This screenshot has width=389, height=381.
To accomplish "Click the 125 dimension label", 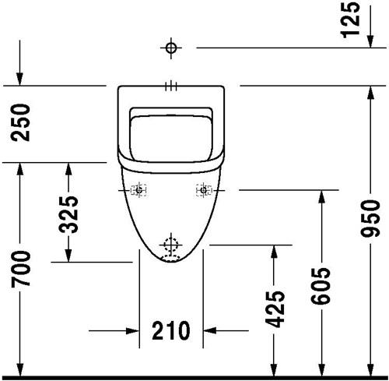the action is pyautogui.click(x=351, y=19).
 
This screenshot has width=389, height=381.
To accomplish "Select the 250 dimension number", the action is pyautogui.click(x=21, y=122).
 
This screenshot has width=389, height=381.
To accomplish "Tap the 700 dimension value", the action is pyautogui.click(x=21, y=269).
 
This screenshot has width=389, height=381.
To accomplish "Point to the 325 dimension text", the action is pyautogui.click(x=68, y=214).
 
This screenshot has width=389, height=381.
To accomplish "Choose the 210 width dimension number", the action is pyautogui.click(x=171, y=330).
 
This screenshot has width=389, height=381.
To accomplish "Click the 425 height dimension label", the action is pyautogui.click(x=275, y=309).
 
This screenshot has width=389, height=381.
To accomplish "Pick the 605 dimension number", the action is pyautogui.click(x=321, y=286).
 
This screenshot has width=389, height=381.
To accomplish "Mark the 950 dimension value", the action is pyautogui.click(x=370, y=218).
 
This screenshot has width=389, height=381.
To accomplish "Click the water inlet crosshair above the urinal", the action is pyautogui.click(x=171, y=48).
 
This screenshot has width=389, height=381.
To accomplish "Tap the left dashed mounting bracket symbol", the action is pyautogui.click(x=138, y=190).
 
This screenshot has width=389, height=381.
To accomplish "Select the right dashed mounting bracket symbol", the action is pyautogui.click(x=204, y=190).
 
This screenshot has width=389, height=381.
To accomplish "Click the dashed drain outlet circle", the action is pyautogui.click(x=171, y=245).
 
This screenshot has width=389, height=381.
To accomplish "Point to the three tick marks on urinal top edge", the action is pyautogui.click(x=171, y=86).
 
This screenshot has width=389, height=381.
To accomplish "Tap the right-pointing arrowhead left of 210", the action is pyautogui.click(x=132, y=331).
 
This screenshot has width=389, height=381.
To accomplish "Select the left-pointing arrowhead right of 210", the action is pyautogui.click(x=210, y=331).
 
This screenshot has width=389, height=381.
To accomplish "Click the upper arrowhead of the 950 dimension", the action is pyautogui.click(x=370, y=93).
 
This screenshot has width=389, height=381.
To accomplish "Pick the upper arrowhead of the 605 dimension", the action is pyautogui.click(x=321, y=197).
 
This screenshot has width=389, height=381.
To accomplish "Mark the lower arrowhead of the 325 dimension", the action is pyautogui.click(x=68, y=255).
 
